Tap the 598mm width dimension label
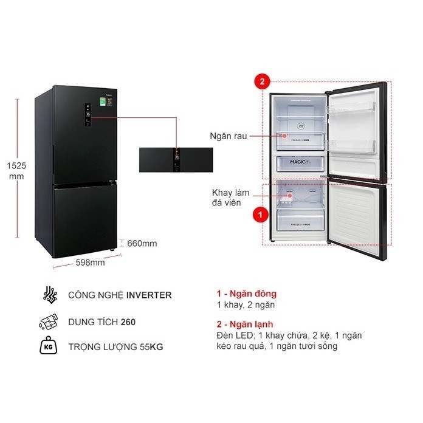tap(91, 263)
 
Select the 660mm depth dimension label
tap(142, 244)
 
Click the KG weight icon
tap(47, 347)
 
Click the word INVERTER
tap(148, 296)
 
